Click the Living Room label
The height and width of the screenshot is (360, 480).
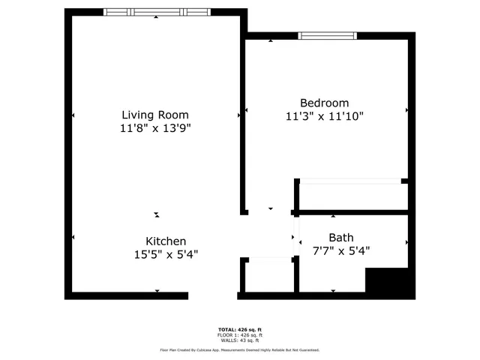click(x=155, y=115)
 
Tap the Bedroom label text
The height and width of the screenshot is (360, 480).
click(x=324, y=103)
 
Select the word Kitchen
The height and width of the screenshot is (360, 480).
click(x=166, y=241)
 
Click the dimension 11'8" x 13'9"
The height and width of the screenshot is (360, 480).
click(x=155, y=128)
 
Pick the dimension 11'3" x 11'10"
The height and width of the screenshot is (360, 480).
click(x=325, y=116)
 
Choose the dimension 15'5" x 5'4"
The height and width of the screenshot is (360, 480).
click(x=166, y=254)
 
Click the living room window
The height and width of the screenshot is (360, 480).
click(x=155, y=12)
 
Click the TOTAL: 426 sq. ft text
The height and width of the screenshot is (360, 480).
click(x=240, y=329)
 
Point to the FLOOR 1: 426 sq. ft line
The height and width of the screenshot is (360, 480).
click(x=240, y=334)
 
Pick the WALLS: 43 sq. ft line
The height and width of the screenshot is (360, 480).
click(x=240, y=340)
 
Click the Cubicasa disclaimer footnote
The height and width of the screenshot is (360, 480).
click(x=240, y=349)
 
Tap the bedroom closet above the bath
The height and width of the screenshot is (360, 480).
click(x=352, y=195)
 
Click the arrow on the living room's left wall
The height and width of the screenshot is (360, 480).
click(x=73, y=115)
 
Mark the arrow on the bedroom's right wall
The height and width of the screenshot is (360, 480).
click(x=406, y=109)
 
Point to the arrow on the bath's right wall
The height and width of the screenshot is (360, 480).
click(x=406, y=242)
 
